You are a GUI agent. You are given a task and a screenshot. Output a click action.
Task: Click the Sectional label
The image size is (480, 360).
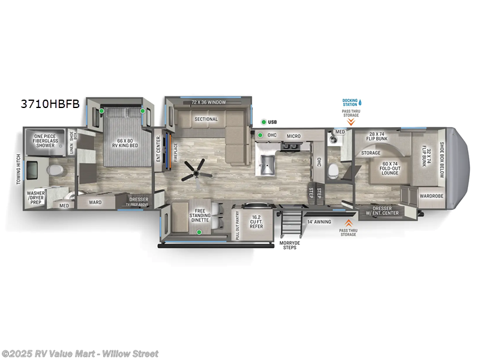(205, 119)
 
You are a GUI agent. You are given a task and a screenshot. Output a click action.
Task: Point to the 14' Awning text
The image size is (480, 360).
(319, 221)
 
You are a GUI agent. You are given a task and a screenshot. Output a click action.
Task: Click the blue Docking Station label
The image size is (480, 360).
(349, 102)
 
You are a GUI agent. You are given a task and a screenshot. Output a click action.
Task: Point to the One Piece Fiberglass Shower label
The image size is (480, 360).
(45, 140)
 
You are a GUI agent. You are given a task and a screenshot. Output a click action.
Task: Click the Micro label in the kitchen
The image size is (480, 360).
(293, 136)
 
